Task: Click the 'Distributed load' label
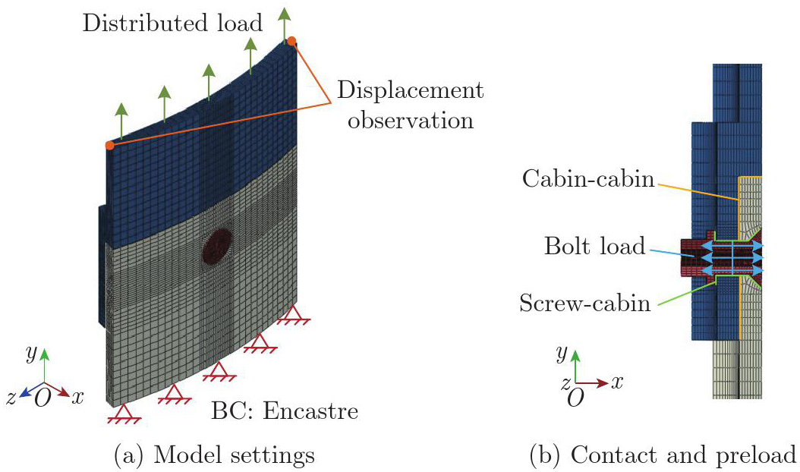coord(172,24)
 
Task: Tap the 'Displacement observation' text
coord(410,105)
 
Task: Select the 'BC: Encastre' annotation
coord(285,411)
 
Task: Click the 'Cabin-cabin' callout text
coord(588,178)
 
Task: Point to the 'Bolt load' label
coord(595,246)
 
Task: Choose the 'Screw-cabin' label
coord(585,303)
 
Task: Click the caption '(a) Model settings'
coord(214,455)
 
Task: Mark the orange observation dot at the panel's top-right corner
coord(291,41)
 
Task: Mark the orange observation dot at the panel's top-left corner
coord(110,146)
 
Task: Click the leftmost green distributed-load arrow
coord(121,120)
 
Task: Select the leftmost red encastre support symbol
coord(124,414)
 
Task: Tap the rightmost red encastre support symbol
coord(294,315)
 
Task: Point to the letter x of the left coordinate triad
coord(77,396)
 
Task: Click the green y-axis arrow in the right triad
coord(575,365)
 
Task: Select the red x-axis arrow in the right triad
coord(592,382)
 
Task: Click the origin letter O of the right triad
coord(575,398)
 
